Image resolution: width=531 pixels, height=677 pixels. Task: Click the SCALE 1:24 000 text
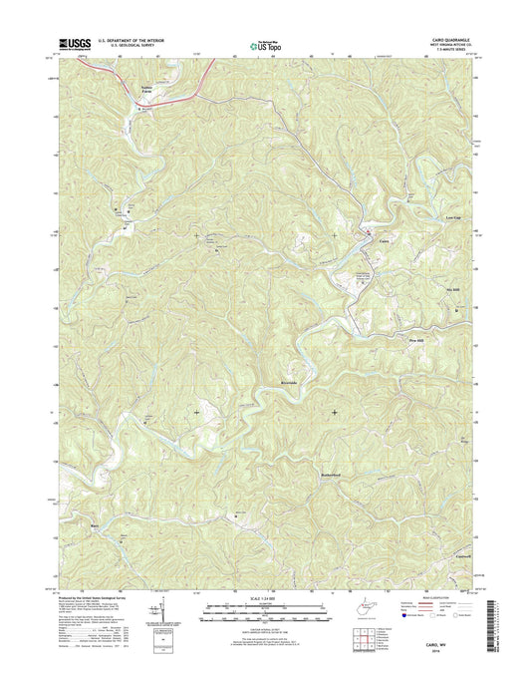coord(264,598)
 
